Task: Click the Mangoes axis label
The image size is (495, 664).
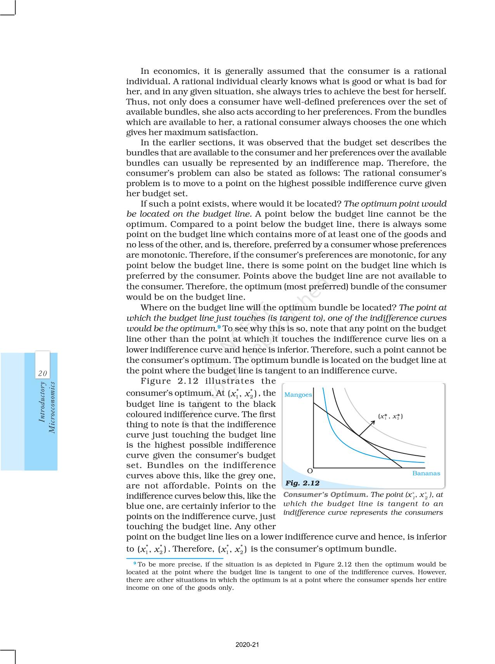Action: [x=298, y=395]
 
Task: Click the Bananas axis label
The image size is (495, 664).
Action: [x=426, y=473]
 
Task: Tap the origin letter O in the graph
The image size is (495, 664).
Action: [x=310, y=471]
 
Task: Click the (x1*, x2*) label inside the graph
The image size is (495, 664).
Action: [x=390, y=417]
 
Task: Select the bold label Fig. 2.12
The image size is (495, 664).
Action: [x=302, y=483]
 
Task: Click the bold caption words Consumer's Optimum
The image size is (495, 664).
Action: [x=325, y=495]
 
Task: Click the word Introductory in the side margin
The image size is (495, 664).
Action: [x=42, y=402]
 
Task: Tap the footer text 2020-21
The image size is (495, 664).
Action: [x=247, y=645]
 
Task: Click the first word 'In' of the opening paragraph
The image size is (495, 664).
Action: [x=145, y=71]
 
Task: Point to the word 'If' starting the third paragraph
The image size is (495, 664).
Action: [x=144, y=204]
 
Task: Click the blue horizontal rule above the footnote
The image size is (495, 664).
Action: [x=175, y=558]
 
